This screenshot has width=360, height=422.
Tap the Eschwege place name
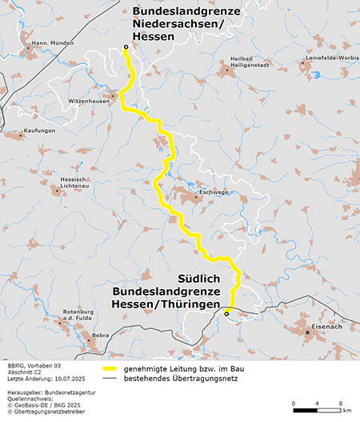pyautogui.click(x=214, y=191)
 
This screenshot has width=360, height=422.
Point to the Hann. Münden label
pyautogui.click(x=36, y=41)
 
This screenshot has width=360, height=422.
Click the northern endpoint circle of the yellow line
pyautogui.click(x=126, y=48)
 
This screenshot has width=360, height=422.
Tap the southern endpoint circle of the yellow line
pyautogui.click(x=226, y=314)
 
